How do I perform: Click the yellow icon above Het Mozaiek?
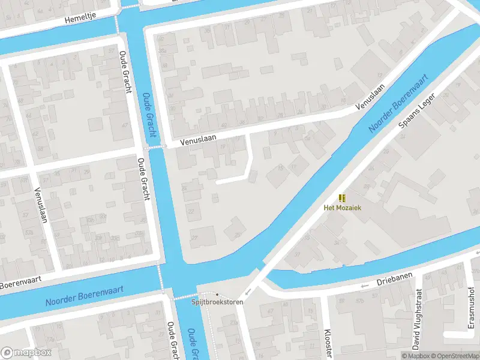click(x=342, y=198)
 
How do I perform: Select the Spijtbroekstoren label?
click(x=218, y=302)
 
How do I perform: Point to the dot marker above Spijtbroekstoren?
click(x=217, y=295)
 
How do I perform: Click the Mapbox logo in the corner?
click(x=26, y=352)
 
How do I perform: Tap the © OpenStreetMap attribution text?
click(x=453, y=356)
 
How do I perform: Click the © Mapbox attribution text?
click(x=413, y=356)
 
